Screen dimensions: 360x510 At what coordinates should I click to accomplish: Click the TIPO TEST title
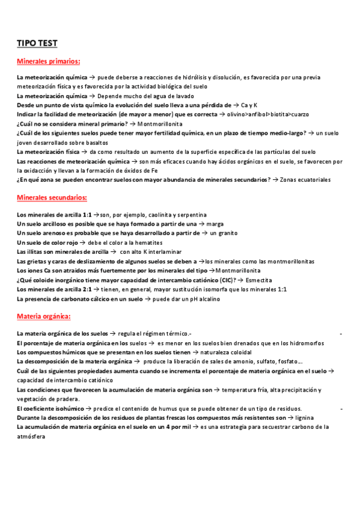click(37, 43)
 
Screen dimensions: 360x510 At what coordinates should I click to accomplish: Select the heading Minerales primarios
click(49, 61)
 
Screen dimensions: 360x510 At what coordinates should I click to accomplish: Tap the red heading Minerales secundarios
click(52, 197)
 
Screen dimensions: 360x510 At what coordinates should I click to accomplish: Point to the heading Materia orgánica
click(44, 316)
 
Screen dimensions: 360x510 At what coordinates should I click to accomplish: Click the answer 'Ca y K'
click(249, 104)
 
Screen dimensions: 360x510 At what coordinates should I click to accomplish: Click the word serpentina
click(192, 214)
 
